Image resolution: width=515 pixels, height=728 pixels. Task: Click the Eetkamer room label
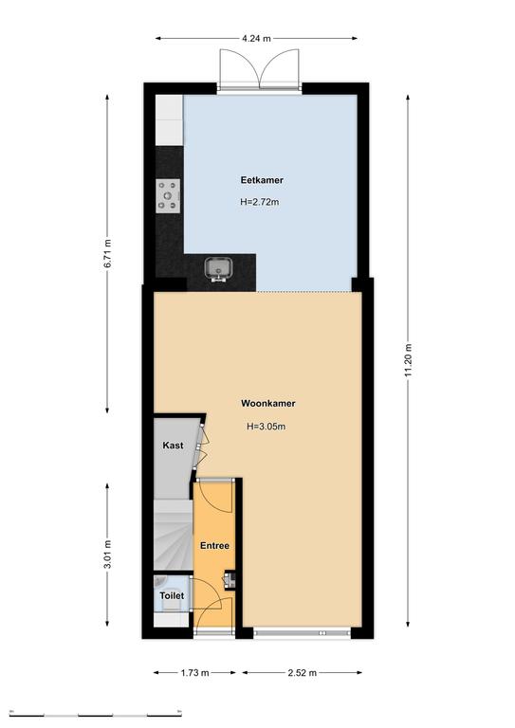(262, 180)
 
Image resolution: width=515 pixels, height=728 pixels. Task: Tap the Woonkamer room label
(268, 404)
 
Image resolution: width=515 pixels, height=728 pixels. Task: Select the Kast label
(173, 446)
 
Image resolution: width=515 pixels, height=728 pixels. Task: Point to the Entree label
(214, 546)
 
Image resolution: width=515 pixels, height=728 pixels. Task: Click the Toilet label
(172, 595)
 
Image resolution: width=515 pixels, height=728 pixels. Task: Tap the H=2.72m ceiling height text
(260, 202)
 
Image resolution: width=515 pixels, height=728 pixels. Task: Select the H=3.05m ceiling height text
(266, 427)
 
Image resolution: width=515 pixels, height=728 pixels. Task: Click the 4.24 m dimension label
(256, 39)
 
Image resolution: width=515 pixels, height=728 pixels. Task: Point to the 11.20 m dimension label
(408, 360)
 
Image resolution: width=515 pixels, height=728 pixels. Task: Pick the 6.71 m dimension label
(108, 253)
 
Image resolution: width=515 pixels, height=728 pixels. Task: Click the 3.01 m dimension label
(108, 555)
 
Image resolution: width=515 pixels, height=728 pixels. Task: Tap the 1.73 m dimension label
(195, 672)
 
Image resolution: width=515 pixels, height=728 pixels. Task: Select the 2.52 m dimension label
(302, 672)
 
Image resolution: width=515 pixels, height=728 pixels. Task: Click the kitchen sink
(219, 269)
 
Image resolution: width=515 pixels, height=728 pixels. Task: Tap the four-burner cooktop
(168, 196)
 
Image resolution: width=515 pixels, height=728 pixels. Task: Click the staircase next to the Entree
(173, 535)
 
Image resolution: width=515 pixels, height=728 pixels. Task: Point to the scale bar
(95, 714)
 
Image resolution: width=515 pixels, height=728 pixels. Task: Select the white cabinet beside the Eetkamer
(169, 120)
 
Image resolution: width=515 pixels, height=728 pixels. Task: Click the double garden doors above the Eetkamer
(259, 68)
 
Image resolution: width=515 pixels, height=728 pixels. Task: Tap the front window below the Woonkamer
(302, 633)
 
